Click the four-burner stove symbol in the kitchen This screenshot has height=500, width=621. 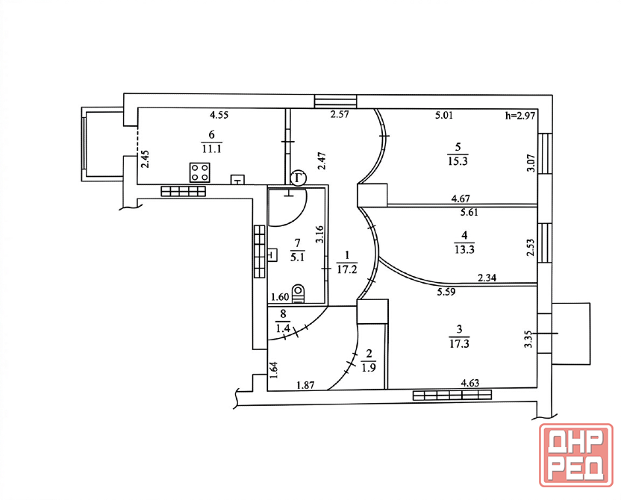(200, 172)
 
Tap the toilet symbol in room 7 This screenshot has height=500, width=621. (299, 294)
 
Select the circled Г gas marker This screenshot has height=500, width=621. (299, 178)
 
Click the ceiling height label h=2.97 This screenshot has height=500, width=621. (520, 116)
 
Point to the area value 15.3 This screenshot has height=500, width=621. (458, 161)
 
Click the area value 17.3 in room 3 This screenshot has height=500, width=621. (460, 343)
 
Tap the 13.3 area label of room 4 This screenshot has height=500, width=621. (464, 249)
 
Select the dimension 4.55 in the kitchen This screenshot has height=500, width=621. (219, 116)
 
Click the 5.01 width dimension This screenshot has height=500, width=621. (443, 116)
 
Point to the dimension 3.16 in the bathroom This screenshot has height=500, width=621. (319, 234)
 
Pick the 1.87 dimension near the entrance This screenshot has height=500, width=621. (305, 385)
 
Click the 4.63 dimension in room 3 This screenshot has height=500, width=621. (470, 383)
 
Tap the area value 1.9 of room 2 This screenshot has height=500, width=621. (369, 367)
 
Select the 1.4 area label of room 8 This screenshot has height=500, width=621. (283, 328)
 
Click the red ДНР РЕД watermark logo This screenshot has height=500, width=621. (576, 455)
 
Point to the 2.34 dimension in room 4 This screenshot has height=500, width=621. (487, 278)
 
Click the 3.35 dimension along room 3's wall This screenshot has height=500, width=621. (528, 340)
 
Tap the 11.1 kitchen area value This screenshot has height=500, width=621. (211, 149)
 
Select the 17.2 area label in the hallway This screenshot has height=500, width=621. (347, 269)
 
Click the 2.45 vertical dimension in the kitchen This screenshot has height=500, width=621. (146, 159)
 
